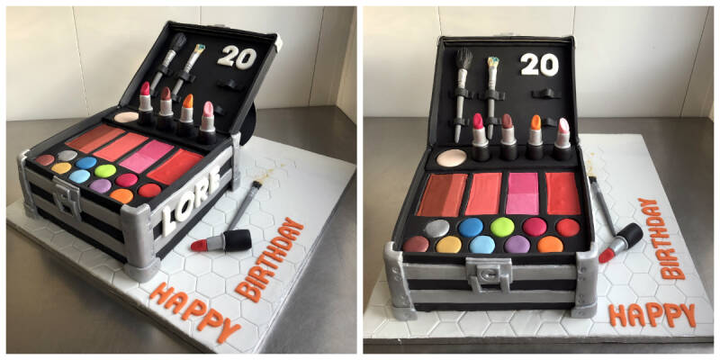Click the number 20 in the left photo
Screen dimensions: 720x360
[237, 58]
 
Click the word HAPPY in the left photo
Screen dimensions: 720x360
[195, 312]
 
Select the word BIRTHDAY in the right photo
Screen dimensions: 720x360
[660, 238]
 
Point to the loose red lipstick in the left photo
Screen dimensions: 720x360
[221, 241]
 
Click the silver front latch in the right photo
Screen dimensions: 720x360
[488, 274]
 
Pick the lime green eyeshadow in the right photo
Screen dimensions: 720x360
[502, 227]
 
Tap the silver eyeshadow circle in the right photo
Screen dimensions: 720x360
[436, 229]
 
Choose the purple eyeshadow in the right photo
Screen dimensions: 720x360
[517, 244]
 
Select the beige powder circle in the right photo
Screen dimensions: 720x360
[452, 157]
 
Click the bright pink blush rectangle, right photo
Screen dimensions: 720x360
[522, 193]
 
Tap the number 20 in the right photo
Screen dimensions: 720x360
[539, 65]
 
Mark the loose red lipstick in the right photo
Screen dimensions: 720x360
[621, 242]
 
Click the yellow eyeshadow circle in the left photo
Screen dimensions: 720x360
[61, 168]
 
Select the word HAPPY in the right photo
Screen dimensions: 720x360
[652, 315]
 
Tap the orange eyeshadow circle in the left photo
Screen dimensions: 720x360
[121, 196]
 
